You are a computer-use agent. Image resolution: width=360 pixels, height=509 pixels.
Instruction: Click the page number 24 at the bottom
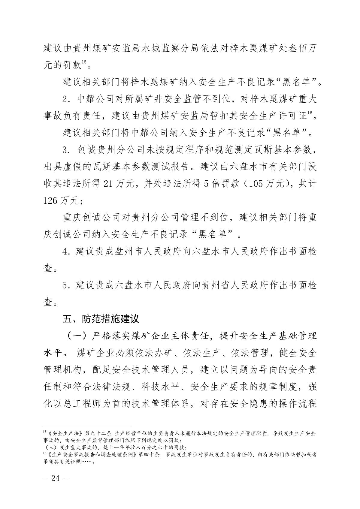point(56,478)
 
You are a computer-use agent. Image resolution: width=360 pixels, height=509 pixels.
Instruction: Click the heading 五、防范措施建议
point(101,318)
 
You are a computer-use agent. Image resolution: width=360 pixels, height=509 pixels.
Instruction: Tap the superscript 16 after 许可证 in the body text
point(310,113)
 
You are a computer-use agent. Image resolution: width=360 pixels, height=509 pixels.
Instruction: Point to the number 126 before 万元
point(50,200)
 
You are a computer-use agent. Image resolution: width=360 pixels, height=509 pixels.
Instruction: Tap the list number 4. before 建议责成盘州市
point(66,251)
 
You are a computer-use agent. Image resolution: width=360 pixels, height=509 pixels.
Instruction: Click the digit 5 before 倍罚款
point(206,184)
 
